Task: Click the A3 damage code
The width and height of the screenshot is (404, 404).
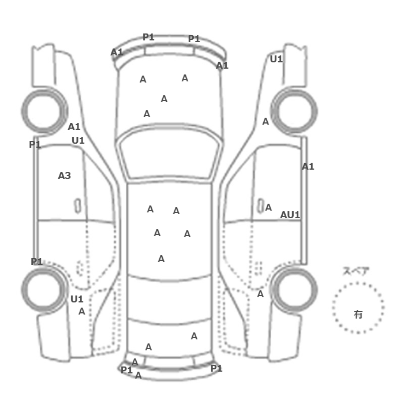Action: (64, 175)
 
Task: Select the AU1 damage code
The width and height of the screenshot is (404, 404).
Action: (290, 215)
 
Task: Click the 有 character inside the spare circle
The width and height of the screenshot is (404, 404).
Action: (358, 315)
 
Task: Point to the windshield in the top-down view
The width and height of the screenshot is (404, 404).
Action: (169, 152)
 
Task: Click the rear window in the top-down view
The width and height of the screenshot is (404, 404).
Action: (169, 298)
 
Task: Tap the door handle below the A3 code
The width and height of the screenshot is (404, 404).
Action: (77, 206)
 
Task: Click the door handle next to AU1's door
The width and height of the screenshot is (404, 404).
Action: (261, 206)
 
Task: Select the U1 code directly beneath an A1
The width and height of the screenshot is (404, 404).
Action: (78, 141)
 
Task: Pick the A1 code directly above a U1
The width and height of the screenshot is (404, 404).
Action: (74, 127)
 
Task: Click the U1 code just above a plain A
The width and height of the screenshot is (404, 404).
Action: (77, 299)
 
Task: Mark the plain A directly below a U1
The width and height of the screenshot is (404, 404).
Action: (82, 312)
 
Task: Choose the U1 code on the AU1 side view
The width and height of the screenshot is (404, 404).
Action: (276, 59)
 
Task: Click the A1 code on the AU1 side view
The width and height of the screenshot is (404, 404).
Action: (308, 167)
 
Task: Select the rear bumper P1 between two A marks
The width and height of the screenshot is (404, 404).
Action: (126, 371)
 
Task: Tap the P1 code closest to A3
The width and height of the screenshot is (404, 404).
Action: (35, 144)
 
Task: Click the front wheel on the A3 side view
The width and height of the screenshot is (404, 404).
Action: (44, 111)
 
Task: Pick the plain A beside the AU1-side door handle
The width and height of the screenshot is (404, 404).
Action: (268, 207)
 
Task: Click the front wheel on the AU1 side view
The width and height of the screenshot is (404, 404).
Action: (294, 111)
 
